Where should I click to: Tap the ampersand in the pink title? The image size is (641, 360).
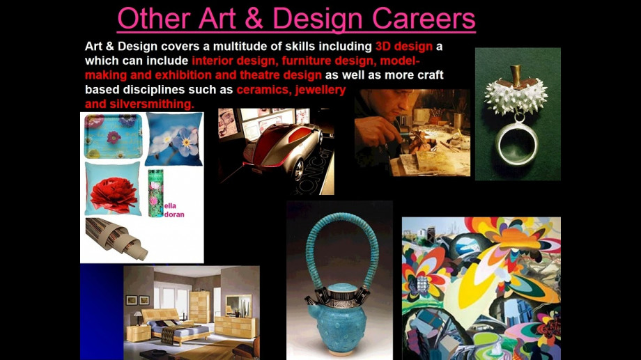(254, 18)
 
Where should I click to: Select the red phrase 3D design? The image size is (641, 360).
(404, 46)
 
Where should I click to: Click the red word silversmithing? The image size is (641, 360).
(152, 104)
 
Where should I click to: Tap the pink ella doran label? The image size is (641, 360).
(174, 210)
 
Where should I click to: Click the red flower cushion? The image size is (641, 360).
(114, 189)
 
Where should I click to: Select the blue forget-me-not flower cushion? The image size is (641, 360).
(175, 139)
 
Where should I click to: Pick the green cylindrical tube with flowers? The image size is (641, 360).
(156, 193)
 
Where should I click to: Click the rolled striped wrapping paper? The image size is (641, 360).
(116, 238)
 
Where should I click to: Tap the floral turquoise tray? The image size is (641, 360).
(114, 136)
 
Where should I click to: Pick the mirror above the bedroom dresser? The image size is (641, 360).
(239, 306)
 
